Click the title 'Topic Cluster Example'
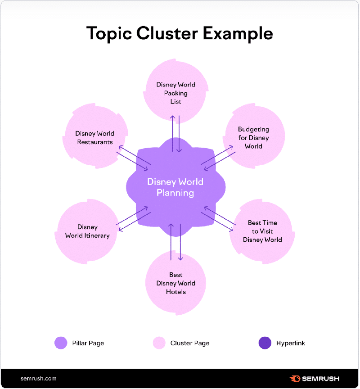point(180,34)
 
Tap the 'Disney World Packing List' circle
point(176,92)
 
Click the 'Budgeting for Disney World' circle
point(254,137)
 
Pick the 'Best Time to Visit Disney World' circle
point(262,231)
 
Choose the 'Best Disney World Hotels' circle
point(175,283)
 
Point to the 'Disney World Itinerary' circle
point(87,231)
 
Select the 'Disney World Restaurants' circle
point(95,137)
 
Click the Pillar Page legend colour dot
point(61,343)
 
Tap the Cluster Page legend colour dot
point(159,343)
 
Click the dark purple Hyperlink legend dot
point(265,343)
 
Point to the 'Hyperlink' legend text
point(291,343)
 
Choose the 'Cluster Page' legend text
point(190,343)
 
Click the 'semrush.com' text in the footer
point(38,379)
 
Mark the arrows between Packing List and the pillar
point(176,133)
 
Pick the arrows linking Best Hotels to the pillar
point(176,242)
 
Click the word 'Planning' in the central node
point(175,193)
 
